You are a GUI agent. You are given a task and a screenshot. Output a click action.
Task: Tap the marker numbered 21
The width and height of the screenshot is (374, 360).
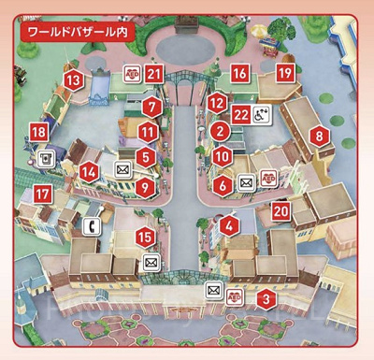tap(154, 74)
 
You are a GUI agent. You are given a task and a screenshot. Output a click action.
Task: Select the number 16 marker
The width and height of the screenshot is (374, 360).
tap(240, 73)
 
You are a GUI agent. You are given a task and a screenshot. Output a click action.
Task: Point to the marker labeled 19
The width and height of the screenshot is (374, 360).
tap(285, 73)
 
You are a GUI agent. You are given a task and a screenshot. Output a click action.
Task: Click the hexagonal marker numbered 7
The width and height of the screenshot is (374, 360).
tap(151, 107)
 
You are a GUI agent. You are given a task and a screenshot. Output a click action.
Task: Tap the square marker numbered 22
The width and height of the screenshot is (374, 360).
tap(240, 115)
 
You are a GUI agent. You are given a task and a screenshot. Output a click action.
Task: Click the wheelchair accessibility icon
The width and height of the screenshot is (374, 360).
tap(262, 116)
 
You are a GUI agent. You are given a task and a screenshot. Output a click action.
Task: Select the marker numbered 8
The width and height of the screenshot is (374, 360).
tap(320, 136)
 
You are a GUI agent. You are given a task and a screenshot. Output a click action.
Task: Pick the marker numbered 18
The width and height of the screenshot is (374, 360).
tap(38, 134)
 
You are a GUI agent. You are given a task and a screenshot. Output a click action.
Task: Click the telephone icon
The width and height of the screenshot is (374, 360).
tap(93, 225)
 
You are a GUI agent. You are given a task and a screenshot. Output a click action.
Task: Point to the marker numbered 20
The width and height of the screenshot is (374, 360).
tap(280, 212)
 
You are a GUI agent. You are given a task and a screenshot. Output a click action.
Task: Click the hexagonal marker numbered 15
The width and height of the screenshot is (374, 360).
tap(144, 238)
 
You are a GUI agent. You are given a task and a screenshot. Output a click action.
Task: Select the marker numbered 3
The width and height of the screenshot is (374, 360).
tap(266, 300)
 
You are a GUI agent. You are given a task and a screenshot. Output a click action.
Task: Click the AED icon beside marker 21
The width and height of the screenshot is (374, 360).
tap(132, 74)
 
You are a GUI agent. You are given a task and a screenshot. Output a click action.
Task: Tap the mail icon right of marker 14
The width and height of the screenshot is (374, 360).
tap(122, 170)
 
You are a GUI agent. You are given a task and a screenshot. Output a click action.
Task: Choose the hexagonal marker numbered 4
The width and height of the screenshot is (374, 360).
tap(230, 224)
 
